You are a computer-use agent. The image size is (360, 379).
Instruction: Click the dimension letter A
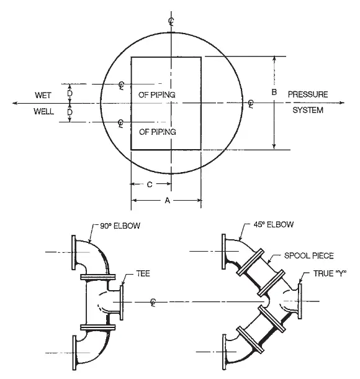168,201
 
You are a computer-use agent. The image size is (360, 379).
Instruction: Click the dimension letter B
274,92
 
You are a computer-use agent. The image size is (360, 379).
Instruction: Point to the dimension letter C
150,185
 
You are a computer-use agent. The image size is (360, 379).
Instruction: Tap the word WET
43,95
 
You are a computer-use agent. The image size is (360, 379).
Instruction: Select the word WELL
43,111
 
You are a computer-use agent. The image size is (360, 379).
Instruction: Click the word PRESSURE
308,94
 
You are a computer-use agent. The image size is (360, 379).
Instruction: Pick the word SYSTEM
308,110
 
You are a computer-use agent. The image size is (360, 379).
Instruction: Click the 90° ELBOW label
120,226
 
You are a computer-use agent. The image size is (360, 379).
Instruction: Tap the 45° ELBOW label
274,224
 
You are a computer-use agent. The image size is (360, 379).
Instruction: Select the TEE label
143,273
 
